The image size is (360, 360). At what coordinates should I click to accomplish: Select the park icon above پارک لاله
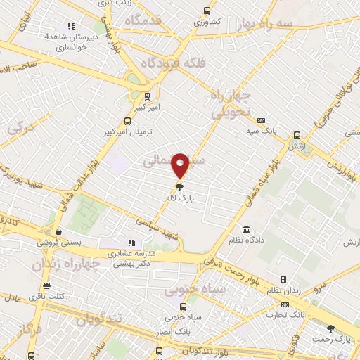pos(180,188)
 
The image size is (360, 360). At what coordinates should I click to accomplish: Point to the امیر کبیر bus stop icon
pos(147,96)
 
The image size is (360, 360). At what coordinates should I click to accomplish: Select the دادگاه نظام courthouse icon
pos(246,229)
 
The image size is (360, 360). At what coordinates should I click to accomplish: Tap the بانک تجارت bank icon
pos(285,304)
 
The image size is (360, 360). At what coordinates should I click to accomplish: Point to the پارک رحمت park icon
pos(331,328)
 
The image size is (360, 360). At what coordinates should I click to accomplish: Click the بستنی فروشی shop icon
pos(58,231)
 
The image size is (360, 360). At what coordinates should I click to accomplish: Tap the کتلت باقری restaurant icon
pos(46,286)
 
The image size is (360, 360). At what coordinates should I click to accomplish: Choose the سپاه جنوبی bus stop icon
pos(184,307)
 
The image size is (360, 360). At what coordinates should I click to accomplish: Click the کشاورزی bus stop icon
pos(206,11)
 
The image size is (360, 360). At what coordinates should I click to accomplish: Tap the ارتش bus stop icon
pos(297,136)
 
